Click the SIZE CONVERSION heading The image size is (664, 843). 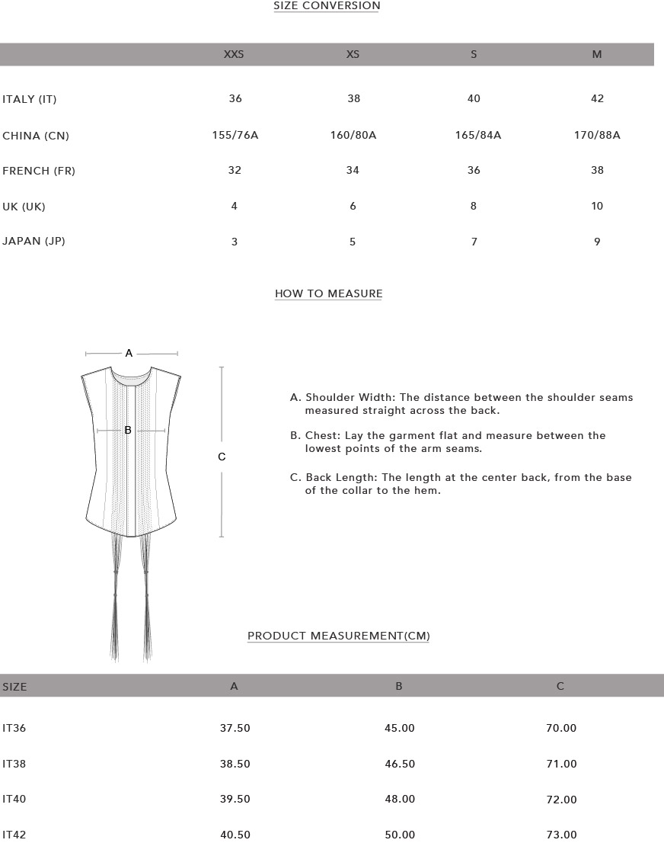coord(327,6)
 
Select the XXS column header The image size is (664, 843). coord(234,55)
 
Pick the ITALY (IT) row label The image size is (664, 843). coord(30,99)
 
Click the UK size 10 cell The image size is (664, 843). coord(597,207)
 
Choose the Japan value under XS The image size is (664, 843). coord(353,242)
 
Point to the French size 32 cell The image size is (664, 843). coord(235,171)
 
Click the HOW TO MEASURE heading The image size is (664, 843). coord(328,294)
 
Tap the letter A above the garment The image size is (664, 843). coord(129,354)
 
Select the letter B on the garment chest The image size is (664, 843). coord(128,431)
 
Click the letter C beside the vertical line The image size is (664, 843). coord(222,457)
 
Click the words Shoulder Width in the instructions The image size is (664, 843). coord(350,398)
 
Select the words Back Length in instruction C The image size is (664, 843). coord(341,478)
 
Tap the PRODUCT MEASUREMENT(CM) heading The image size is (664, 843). coord(339,636)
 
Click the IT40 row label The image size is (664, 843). coord(14,800)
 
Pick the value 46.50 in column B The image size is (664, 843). coord(400,764)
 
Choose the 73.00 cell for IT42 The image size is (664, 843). coord(561,835)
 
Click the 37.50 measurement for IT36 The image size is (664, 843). coord(235,729)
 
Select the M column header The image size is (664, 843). coord(597,55)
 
